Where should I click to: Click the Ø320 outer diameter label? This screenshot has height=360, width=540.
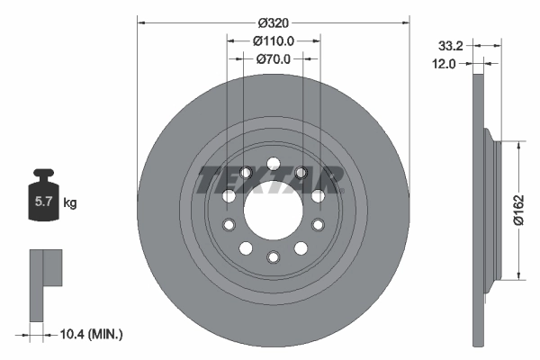[274, 21]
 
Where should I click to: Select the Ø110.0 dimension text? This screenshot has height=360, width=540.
[274, 40]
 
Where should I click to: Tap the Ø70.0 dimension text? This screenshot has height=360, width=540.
[274, 59]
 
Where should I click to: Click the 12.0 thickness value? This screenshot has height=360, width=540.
[445, 63]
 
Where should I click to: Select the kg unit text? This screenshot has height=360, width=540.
[70, 203]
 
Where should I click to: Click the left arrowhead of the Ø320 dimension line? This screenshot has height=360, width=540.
[141, 21]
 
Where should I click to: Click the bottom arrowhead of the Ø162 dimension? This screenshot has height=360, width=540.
[519, 276]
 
